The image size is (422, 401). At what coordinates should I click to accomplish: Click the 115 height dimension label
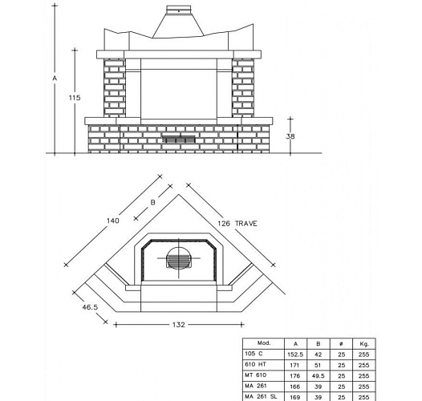pos(75,98)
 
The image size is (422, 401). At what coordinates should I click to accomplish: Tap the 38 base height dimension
pos(290,136)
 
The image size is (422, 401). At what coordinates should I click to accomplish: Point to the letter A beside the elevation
pos(55,79)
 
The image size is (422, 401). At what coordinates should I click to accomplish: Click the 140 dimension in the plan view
pos(113,221)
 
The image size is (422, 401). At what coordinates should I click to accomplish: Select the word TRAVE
pos(246,224)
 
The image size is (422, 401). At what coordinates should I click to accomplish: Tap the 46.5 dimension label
pos(90,307)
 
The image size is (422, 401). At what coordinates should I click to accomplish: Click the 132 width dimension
pos(179,325)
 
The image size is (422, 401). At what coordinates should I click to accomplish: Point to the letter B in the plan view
pos(152,202)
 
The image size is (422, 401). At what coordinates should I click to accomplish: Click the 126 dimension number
pos(224,224)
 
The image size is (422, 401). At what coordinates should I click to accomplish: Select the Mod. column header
pos(264,343)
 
